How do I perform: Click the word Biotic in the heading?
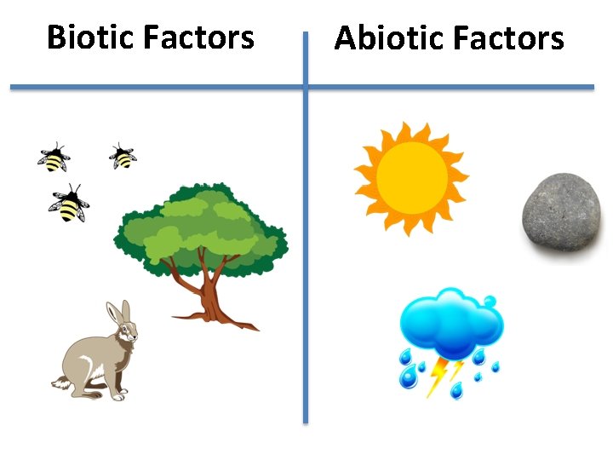pos(90,37)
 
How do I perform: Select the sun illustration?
pos(411,177)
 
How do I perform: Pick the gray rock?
pos(561,214)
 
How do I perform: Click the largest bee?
pos(69,204)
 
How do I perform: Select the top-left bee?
pos(54,158)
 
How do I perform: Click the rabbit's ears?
pos(117,314)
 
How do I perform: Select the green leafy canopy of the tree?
pos(201,225)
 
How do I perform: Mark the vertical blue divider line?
pos(306,256)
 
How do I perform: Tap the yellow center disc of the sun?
pos(411,177)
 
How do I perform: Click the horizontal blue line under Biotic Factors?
pos(153,87)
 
